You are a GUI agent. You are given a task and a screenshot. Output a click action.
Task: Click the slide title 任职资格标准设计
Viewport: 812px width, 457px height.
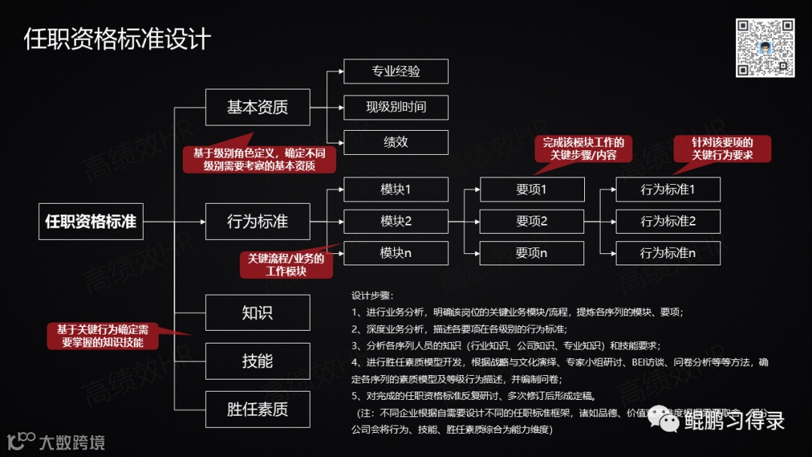coord(117,39)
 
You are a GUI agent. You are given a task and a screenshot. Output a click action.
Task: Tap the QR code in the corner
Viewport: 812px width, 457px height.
coord(765,48)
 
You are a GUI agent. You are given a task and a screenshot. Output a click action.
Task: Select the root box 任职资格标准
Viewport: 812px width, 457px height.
coord(91,222)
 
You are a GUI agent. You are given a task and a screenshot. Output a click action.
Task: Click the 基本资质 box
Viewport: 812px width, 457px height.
coord(257,107)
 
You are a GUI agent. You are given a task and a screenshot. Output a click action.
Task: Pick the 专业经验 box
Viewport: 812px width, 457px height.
coord(395,71)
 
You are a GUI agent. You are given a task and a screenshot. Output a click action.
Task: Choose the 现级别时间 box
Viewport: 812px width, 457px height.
coord(395,107)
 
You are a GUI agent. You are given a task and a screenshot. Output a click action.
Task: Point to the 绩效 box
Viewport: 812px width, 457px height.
coord(395,142)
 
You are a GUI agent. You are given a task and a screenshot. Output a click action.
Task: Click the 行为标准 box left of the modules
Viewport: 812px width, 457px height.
coord(257,222)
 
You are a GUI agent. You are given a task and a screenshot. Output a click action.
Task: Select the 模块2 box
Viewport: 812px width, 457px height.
coord(395,221)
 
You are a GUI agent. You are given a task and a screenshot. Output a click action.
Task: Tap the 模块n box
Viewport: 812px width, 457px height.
coord(395,253)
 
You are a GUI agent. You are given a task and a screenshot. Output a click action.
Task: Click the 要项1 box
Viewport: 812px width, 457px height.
coord(532,189)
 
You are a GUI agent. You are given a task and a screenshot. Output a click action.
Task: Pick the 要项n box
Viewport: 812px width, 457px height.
coord(532,253)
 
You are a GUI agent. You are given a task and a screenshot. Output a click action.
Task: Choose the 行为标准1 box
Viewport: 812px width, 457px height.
coord(668,189)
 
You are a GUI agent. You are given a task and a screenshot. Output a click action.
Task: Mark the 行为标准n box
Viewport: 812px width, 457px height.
coord(668,253)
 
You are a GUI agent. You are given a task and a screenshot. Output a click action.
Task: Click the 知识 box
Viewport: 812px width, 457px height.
coord(257,313)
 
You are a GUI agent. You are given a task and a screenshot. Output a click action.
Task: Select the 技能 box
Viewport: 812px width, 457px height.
coord(257,361)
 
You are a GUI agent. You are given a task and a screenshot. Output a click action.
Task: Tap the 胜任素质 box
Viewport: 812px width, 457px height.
coord(257,410)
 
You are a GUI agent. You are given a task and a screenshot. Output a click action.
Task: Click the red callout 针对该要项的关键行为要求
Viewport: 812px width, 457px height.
coord(722,149)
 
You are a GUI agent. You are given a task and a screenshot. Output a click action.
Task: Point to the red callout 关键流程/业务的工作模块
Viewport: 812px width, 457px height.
coord(286,265)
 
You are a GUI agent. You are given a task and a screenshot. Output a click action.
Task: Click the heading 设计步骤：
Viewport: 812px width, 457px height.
coord(373,295)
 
